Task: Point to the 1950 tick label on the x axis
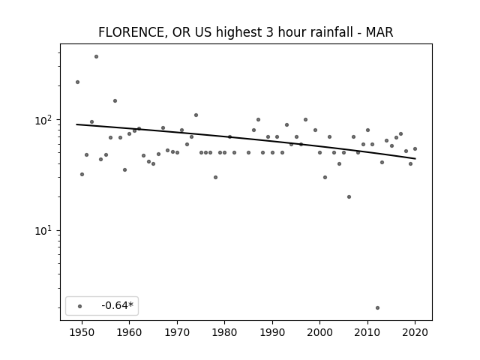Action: pyautogui.click(x=82, y=332)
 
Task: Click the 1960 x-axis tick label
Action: pyautogui.click(x=129, y=332)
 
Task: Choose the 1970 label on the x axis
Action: pyautogui.click(x=177, y=332)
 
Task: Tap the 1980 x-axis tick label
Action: pyautogui.click(x=224, y=332)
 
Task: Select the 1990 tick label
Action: pyautogui.click(x=272, y=332)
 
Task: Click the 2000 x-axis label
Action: pyautogui.click(x=319, y=332)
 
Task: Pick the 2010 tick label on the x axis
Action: pyautogui.click(x=367, y=332)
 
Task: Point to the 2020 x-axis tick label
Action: pyautogui.click(x=415, y=332)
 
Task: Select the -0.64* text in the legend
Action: pyautogui.click(x=117, y=305)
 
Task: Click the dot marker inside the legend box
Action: pyautogui.click(x=80, y=306)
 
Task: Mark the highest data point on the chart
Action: pyautogui.click(x=96, y=57)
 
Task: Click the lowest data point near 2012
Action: pyautogui.click(x=377, y=307)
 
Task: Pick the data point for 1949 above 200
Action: pyautogui.click(x=77, y=82)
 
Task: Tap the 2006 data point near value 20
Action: pyautogui.click(x=349, y=196)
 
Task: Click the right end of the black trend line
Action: pyautogui.click(x=415, y=158)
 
